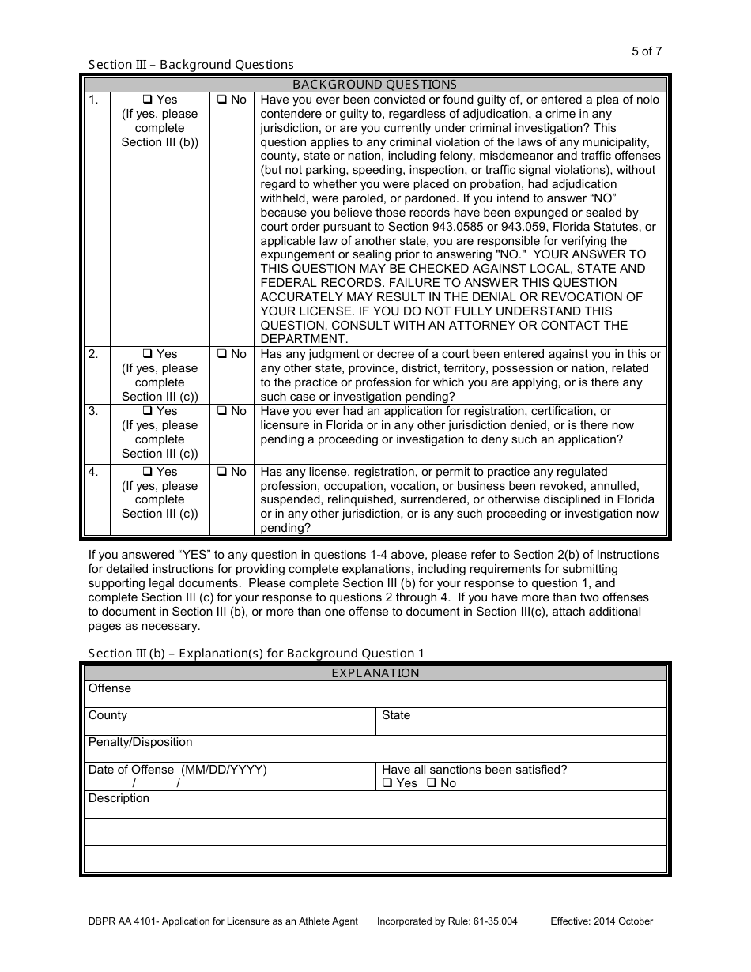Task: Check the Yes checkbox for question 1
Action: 147,100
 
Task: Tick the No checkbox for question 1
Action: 221,100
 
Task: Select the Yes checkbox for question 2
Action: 147,355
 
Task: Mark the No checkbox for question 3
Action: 221,412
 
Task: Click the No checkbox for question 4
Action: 221,473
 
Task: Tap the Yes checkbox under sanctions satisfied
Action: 387,783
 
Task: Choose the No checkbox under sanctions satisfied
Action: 431,783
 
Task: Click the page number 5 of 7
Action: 647,51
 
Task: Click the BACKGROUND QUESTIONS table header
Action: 375,85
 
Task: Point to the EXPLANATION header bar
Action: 375,673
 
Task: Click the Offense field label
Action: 110,688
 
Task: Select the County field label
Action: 108,715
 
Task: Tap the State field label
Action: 396,715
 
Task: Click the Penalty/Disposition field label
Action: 140,742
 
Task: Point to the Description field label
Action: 119,798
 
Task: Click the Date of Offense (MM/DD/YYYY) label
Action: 177,770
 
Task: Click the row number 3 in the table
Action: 93,412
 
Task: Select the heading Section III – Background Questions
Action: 191,65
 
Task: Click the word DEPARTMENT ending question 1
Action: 304,340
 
